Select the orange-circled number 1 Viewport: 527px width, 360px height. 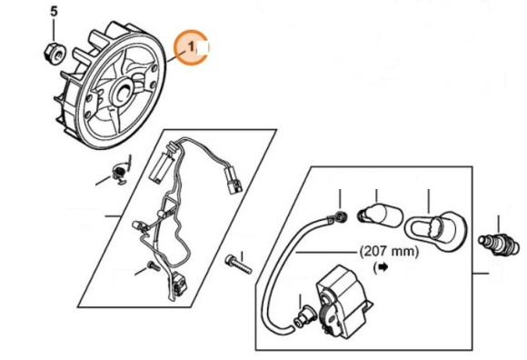[x=192, y=45]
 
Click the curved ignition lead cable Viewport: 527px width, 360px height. [x=273, y=273]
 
